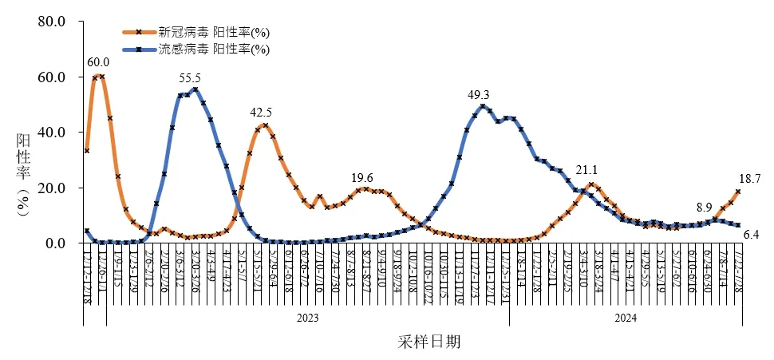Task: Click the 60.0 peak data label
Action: [98, 62]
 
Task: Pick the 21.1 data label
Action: [587, 171]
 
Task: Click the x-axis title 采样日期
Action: [428, 342]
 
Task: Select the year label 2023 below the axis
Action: [307, 318]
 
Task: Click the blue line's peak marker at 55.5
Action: [195, 89]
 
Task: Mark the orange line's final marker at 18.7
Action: [738, 192]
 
